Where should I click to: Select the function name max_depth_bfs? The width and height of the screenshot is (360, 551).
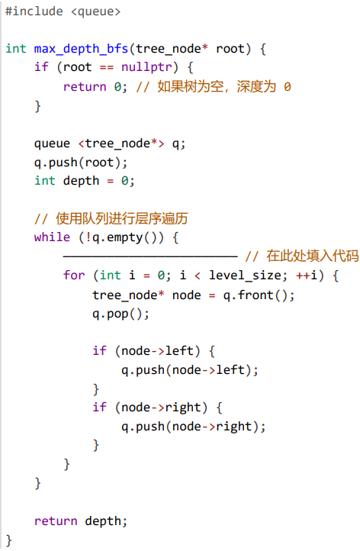point(81,49)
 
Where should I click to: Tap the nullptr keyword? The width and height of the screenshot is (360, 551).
point(146,66)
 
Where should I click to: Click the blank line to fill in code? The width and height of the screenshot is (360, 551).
point(150,256)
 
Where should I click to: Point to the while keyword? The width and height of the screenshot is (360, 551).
point(52,237)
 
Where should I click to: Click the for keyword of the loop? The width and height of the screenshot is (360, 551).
point(74,275)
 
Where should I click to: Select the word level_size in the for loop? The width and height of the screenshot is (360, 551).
point(245,275)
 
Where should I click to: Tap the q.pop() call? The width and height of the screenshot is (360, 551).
point(121,314)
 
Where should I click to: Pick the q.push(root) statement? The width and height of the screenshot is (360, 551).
point(81,163)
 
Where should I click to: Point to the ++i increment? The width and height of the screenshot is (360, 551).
point(307,275)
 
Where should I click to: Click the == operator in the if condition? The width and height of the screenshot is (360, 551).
point(107,67)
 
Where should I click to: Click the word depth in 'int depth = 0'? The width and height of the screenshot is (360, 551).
point(81,181)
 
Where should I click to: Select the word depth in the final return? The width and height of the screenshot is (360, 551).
point(103,521)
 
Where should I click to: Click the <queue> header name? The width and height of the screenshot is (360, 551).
point(96,12)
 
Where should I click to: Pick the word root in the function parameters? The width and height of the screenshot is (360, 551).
point(230,49)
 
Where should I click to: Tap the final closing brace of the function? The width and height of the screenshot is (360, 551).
point(9,540)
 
